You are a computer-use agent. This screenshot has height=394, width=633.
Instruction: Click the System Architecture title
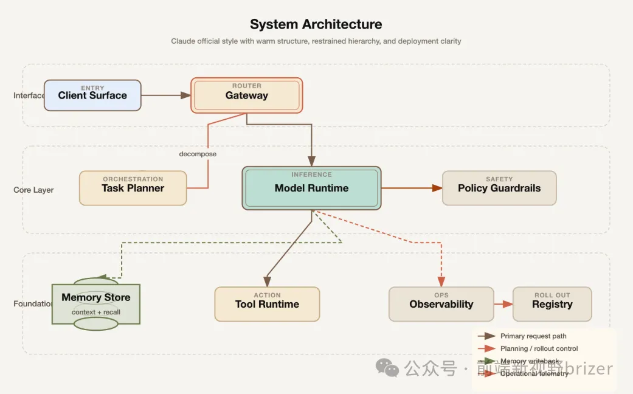(316, 24)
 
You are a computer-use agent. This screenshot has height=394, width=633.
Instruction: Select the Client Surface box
(92, 95)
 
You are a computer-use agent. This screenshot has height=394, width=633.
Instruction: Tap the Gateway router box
(246, 95)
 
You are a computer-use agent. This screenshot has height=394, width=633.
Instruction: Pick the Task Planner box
(133, 188)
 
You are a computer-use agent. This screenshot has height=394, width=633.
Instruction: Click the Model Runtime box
(311, 188)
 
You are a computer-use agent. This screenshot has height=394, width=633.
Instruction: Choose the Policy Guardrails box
(499, 188)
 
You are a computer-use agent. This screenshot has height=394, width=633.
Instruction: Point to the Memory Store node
(95, 303)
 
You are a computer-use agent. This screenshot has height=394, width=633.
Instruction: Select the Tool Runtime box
(267, 304)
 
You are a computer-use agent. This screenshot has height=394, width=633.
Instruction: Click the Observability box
(441, 304)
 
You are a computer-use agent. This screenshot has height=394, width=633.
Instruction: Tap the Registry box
(552, 304)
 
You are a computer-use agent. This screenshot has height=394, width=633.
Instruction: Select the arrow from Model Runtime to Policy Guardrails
(411, 188)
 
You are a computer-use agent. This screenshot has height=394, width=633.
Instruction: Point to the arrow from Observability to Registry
(503, 304)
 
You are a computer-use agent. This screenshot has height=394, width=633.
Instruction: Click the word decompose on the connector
(198, 154)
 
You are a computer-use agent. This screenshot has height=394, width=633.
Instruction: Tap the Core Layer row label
(33, 190)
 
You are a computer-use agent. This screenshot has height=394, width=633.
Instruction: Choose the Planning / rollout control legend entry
(539, 348)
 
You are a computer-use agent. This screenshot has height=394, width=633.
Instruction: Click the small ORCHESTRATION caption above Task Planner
(133, 179)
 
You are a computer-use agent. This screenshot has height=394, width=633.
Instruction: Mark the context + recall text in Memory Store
(95, 312)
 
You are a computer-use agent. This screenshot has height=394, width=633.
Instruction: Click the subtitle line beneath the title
(316, 41)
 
